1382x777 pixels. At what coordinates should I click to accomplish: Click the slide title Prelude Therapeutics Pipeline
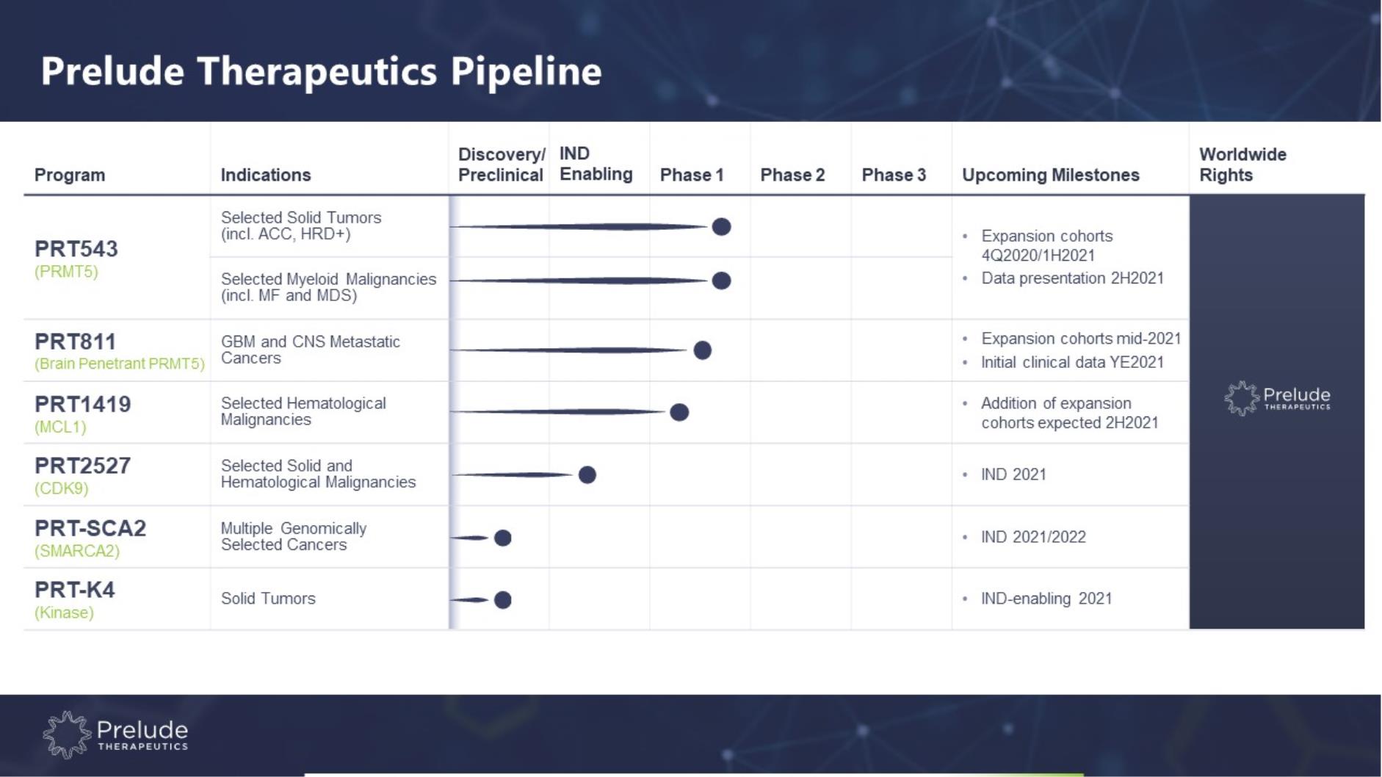click(321, 71)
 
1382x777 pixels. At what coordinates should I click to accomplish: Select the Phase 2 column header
click(792, 175)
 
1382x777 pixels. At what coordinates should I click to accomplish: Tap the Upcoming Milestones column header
click(1050, 175)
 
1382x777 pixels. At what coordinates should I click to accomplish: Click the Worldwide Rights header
click(1242, 165)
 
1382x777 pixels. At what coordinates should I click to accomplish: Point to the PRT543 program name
click(76, 248)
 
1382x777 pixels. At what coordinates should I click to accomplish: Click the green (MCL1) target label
click(60, 427)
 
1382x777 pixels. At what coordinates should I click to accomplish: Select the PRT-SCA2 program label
click(90, 528)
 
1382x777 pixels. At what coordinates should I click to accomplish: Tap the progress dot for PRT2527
click(587, 474)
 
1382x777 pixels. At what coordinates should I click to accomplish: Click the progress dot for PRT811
click(703, 350)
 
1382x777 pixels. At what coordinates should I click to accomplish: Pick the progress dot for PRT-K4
click(503, 600)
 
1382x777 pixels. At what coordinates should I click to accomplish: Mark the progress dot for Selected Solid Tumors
click(722, 226)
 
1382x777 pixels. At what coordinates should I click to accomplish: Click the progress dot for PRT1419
click(680, 412)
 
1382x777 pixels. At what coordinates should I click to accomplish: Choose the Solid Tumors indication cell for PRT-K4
click(268, 599)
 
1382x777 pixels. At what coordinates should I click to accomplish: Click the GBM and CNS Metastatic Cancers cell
click(311, 350)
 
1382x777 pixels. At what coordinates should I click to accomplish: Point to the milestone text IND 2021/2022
click(1033, 537)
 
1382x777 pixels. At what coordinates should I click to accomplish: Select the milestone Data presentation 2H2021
click(1072, 278)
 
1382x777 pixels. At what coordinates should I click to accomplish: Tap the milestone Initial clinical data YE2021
click(1072, 362)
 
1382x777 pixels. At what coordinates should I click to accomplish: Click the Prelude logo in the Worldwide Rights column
click(1277, 398)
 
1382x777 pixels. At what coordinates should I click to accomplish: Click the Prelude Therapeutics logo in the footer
click(115, 734)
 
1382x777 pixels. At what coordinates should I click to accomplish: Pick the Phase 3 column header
click(894, 175)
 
